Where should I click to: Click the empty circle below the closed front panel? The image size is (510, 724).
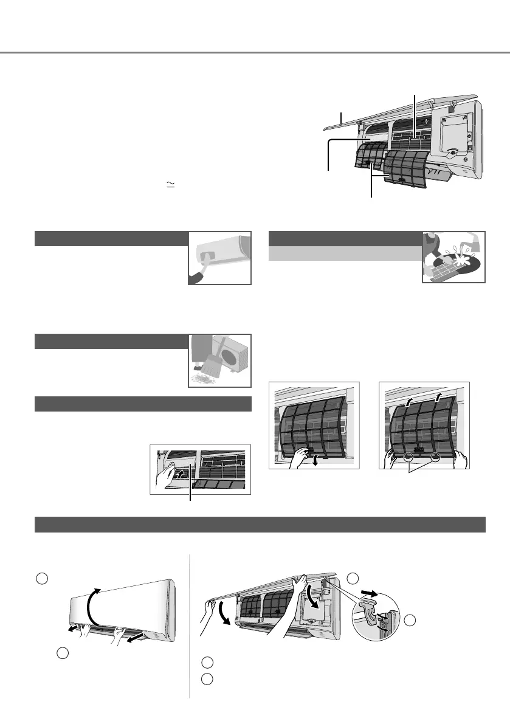(63, 653)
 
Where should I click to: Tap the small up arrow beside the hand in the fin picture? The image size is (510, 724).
(174, 470)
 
